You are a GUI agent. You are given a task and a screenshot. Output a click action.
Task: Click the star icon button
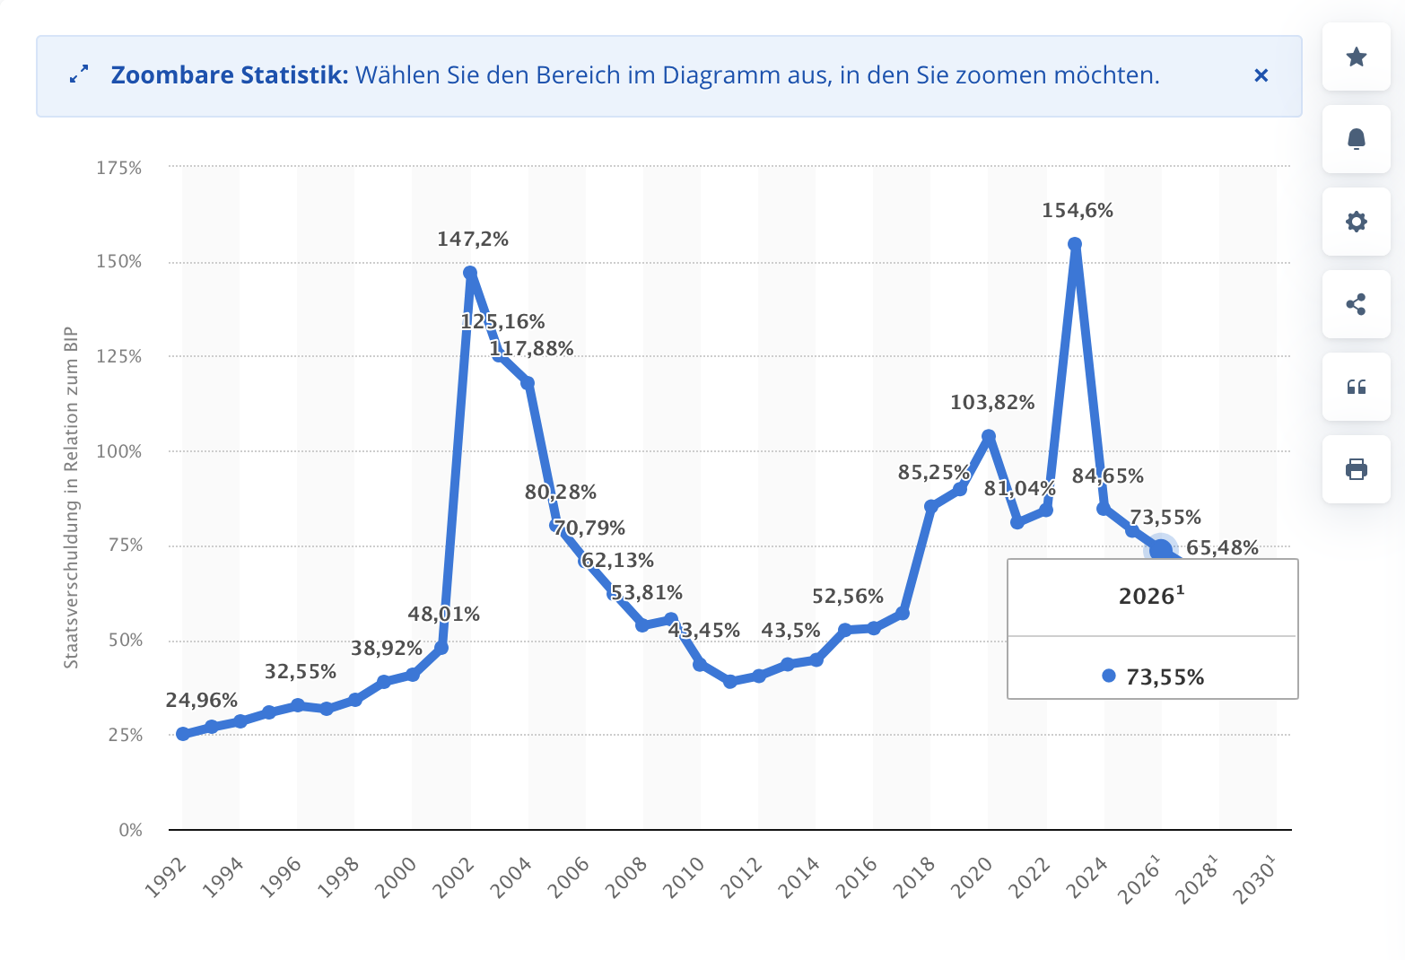(x=1356, y=57)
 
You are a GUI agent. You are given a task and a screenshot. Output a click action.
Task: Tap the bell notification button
(x=1356, y=139)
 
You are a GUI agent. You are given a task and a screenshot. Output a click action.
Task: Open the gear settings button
(x=1356, y=222)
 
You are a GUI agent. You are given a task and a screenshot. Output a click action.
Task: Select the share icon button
(x=1356, y=304)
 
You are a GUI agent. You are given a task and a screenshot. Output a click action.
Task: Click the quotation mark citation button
(x=1356, y=387)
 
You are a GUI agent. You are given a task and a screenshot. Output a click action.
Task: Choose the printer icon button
(x=1356, y=469)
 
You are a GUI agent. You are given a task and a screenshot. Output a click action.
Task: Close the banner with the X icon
(x=1261, y=75)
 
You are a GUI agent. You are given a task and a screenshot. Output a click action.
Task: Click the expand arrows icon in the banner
(x=79, y=75)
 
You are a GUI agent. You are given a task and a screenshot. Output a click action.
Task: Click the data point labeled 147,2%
(x=470, y=273)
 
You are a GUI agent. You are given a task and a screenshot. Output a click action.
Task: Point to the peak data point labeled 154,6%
(x=1075, y=244)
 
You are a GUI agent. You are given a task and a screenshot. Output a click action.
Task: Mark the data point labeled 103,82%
(x=989, y=437)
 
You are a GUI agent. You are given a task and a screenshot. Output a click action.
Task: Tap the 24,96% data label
(x=202, y=700)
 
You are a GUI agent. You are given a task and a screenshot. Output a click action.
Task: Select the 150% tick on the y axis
(x=119, y=262)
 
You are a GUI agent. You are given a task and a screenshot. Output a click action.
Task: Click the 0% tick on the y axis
(x=130, y=830)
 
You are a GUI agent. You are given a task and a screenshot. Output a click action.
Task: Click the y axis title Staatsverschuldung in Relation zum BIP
(x=71, y=498)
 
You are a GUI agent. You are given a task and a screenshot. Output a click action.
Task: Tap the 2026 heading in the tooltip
(x=1151, y=597)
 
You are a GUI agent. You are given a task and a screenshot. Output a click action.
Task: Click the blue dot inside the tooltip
(x=1109, y=676)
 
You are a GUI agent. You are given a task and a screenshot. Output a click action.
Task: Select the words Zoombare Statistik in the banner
(x=229, y=75)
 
